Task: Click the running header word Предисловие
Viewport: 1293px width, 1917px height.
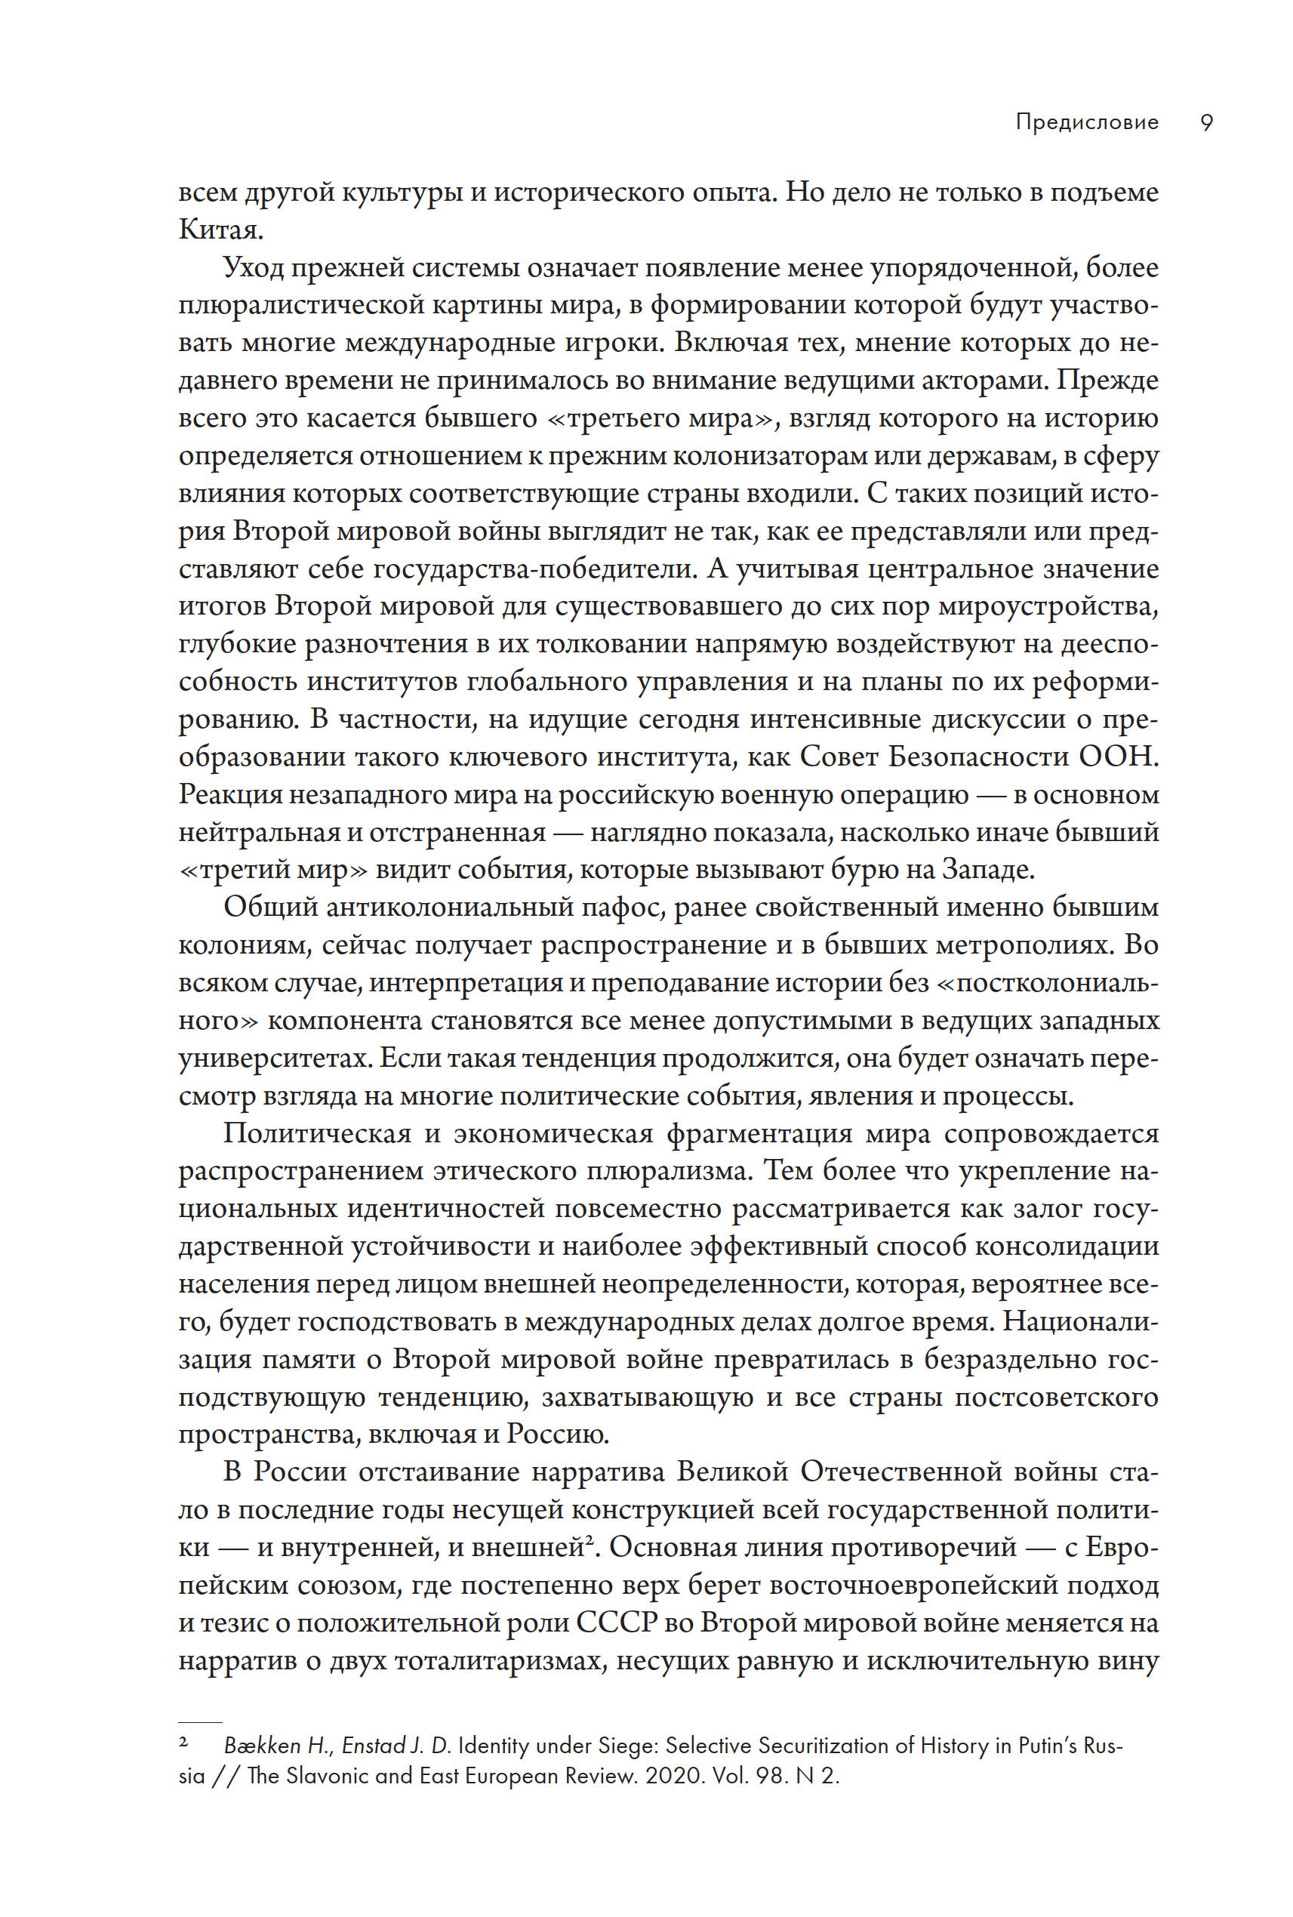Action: [1087, 122]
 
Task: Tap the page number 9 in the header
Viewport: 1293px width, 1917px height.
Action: [1206, 122]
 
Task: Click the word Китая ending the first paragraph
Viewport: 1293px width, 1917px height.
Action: [219, 230]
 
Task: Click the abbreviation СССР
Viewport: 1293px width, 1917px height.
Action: [616, 1623]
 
